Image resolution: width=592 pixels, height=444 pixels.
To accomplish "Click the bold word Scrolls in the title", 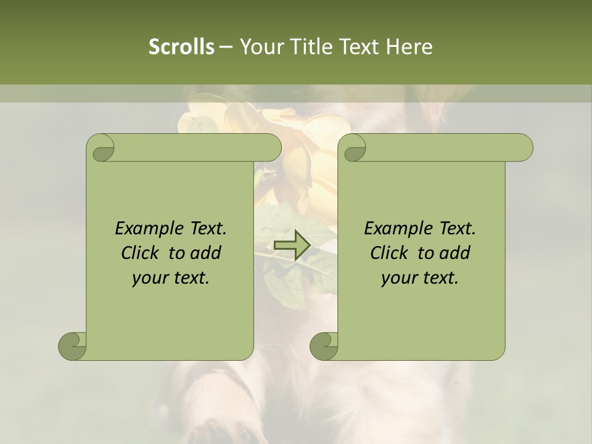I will point(181,46).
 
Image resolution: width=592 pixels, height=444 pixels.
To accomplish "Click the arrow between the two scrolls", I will point(292,245).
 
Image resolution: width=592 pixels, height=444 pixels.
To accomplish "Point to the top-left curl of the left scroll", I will point(102,149).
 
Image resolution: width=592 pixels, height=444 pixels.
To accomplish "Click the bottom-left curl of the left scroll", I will point(72,346).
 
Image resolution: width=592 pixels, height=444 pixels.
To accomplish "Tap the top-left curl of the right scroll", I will point(354,149).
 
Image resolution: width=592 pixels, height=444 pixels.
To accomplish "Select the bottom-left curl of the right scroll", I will point(324,346).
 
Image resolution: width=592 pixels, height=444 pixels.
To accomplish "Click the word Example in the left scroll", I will point(146,229).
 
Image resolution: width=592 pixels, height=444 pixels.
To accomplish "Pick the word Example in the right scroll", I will point(395,229).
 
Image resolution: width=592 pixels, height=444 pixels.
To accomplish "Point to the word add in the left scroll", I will point(205,253).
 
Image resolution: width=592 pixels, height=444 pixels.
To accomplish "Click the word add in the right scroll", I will point(454,253).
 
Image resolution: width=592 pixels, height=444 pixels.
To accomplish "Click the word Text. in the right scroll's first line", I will point(457,229).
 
